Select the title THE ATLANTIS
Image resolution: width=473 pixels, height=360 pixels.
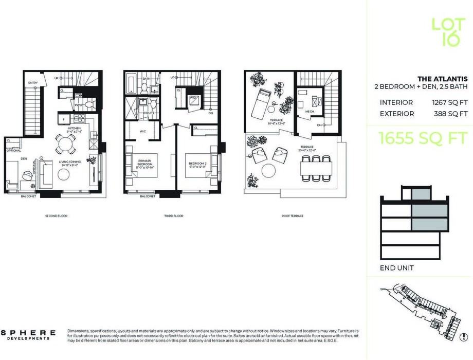442,79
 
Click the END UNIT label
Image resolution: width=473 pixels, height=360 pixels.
396,268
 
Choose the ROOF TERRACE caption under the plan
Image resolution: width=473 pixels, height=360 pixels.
292,216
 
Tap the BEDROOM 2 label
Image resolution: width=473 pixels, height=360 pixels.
197,165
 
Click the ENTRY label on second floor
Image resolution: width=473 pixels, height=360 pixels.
33,82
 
